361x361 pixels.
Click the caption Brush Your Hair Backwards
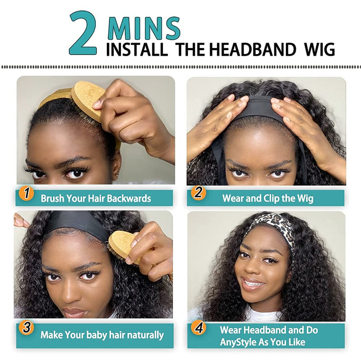[x=96, y=199]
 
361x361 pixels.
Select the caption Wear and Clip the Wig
[x=268, y=198]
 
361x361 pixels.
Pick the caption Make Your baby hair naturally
[x=102, y=334]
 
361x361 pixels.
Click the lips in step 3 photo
[x=75, y=312]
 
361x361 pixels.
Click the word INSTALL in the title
[x=136, y=50]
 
